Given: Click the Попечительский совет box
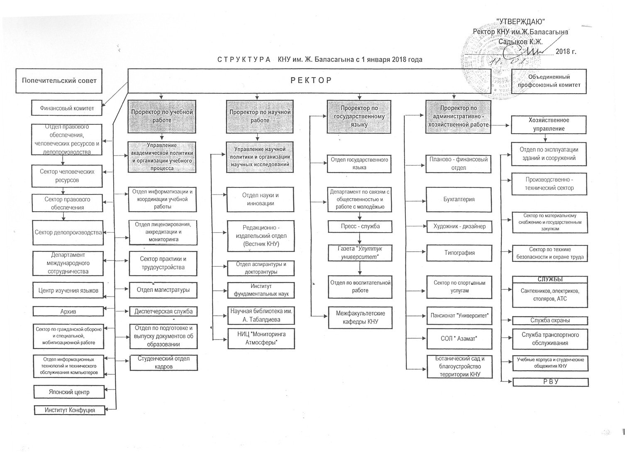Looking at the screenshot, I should tap(59, 80).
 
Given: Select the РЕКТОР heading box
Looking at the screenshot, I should tap(310, 80).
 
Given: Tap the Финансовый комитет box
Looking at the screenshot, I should tap(67, 108).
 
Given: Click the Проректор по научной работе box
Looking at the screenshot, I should tap(260, 116).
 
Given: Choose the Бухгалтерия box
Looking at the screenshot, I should tap(459, 199).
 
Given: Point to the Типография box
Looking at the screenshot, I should tap(459, 253).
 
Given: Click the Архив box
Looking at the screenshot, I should tap(68, 311).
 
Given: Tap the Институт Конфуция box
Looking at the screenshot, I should tap(70, 410).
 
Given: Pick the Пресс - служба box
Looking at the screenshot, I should tap(360, 226).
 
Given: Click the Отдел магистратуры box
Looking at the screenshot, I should tap(163, 290).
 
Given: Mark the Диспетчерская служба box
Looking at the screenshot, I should tap(163, 311).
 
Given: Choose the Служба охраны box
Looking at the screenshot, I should tap(550, 320).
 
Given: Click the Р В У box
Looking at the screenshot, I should tap(550, 382).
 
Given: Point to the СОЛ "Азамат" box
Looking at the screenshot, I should tap(459, 339).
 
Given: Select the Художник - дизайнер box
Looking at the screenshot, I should tap(459, 226).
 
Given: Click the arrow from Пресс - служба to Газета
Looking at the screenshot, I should tap(360, 239).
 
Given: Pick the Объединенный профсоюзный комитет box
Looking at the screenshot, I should tap(549, 81).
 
